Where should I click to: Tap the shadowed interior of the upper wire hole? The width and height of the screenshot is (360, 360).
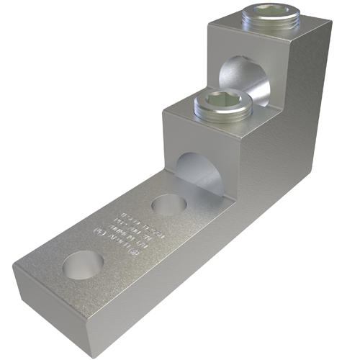click(234, 76)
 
